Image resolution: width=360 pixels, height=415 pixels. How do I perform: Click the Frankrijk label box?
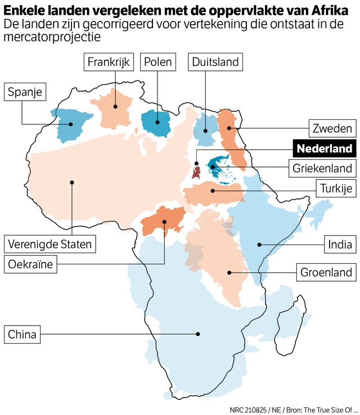pos(109,62)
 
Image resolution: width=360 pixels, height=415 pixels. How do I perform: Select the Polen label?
pos(157,62)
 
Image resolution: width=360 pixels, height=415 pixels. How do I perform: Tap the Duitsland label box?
pos(215,62)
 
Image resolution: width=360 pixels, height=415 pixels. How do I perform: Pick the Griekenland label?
pos(322,168)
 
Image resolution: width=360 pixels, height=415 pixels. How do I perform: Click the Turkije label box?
pos(336,188)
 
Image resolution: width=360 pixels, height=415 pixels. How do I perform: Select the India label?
pos(340,244)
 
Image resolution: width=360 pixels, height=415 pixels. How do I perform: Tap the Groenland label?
pos(326,273)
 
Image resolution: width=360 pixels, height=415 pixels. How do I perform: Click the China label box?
pos(22,335)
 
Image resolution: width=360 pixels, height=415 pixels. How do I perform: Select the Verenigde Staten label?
pos(49,245)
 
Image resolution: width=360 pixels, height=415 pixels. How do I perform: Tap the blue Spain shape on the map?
pos(69,124)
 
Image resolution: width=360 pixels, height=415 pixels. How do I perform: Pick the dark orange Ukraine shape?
pos(163,219)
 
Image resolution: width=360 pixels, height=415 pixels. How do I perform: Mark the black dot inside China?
pos(198,334)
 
